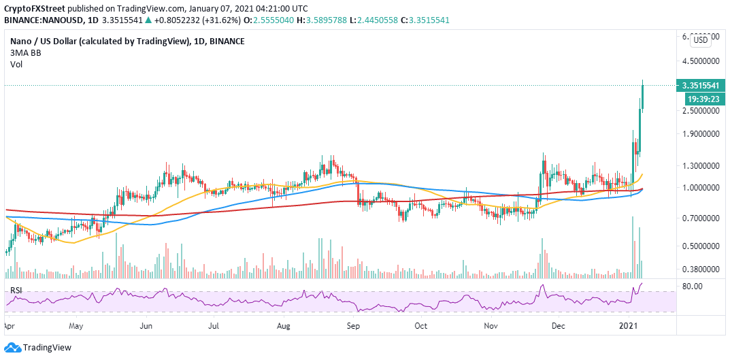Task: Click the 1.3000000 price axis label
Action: (x=701, y=165)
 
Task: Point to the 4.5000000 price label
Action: (x=701, y=61)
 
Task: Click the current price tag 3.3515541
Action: (x=701, y=86)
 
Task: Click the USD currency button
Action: (x=699, y=40)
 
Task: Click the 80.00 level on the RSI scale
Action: (x=692, y=287)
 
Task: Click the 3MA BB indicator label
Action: (x=25, y=52)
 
